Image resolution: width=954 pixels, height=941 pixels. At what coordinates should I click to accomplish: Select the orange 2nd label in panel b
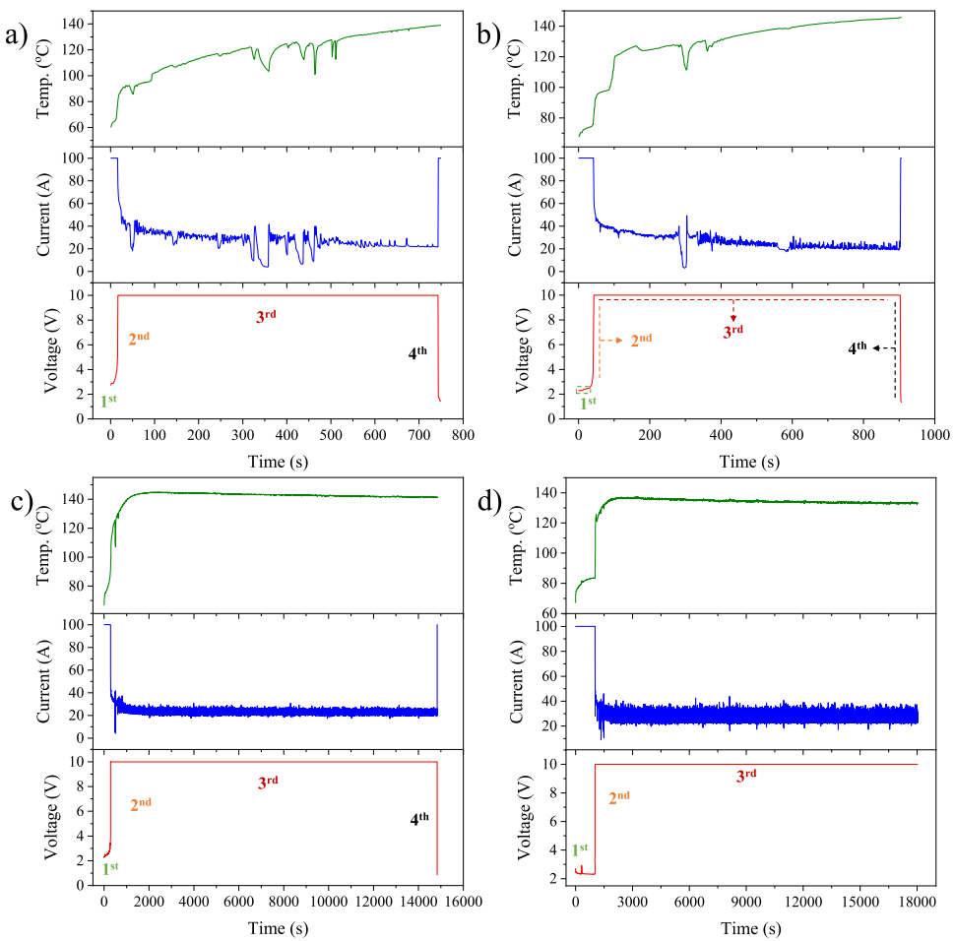point(641,340)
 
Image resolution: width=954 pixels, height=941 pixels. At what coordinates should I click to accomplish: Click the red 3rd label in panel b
point(732,332)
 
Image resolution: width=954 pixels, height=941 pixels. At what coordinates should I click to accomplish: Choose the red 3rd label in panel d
point(747,776)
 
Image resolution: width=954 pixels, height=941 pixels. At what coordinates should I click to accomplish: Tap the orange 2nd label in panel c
point(141,804)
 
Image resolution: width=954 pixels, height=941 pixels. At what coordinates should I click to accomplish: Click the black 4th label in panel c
point(419,817)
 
